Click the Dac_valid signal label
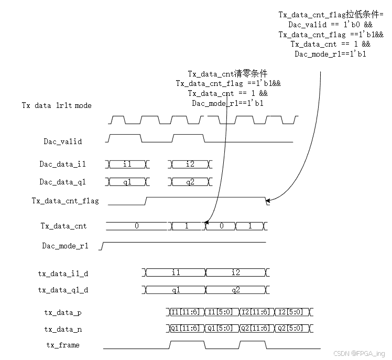(62, 141)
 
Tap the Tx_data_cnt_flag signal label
(65, 201)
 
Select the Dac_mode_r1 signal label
(66, 245)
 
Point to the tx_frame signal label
(62, 345)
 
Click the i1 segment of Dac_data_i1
(127, 164)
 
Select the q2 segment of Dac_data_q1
(190, 182)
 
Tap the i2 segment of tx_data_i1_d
(235, 272)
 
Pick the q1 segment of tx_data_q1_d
(176, 290)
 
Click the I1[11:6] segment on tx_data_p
(185, 312)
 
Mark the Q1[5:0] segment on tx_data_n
(220, 329)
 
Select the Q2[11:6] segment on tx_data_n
(256, 329)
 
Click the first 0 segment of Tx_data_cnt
(137, 226)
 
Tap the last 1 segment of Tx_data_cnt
(249, 226)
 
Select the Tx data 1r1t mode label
(56, 105)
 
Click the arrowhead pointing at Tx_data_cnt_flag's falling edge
(269, 200)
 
